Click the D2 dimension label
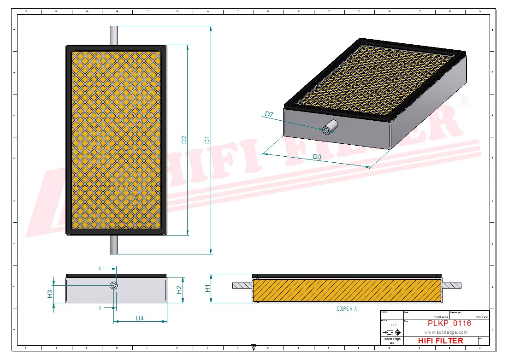click(184, 140)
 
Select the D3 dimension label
click(317, 157)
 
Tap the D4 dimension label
click(140, 318)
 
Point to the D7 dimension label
click(269, 114)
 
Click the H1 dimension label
click(208, 289)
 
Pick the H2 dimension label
click(180, 289)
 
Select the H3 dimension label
click(50, 293)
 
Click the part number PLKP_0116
click(449, 324)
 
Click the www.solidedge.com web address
click(445, 332)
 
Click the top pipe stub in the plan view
click(113, 35)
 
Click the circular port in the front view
click(114, 286)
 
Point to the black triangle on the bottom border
click(254, 347)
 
